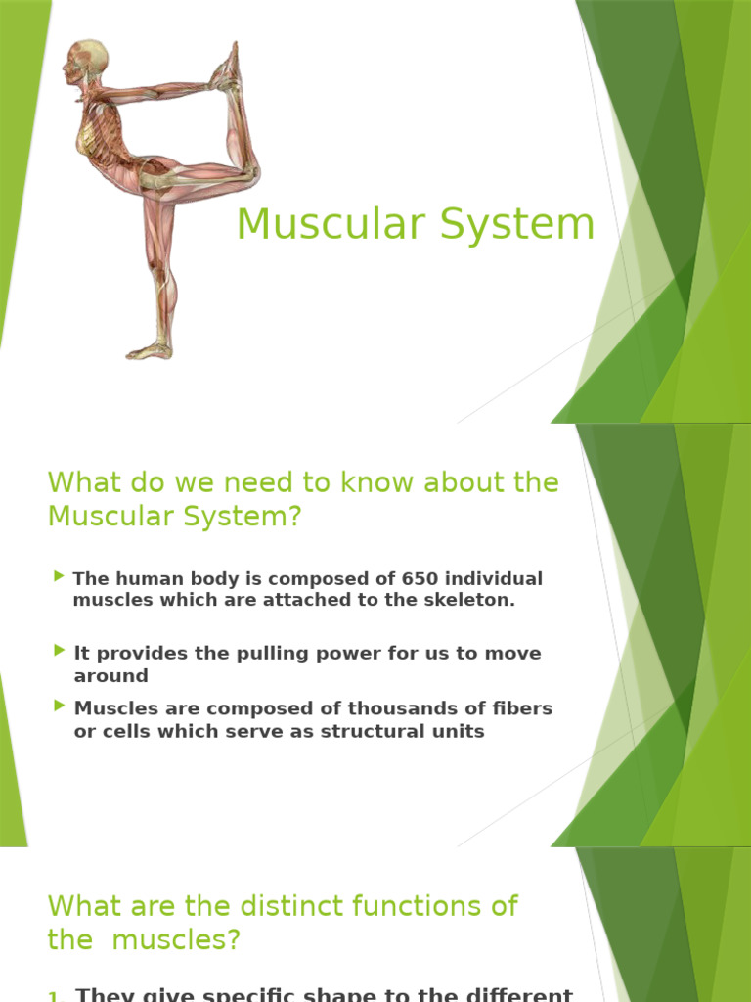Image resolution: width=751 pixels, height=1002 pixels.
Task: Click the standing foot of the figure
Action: coord(148,350)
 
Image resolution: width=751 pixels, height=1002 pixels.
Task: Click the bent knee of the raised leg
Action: coord(249,176)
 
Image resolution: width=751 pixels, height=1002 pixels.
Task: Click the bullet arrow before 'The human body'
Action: coord(61,576)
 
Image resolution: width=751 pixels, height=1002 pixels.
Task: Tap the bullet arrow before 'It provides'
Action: coord(61,650)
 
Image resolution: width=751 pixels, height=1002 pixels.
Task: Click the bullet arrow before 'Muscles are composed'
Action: coord(61,705)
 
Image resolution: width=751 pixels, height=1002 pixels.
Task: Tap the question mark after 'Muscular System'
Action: coord(295,516)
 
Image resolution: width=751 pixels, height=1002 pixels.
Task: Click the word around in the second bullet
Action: coord(110,675)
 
